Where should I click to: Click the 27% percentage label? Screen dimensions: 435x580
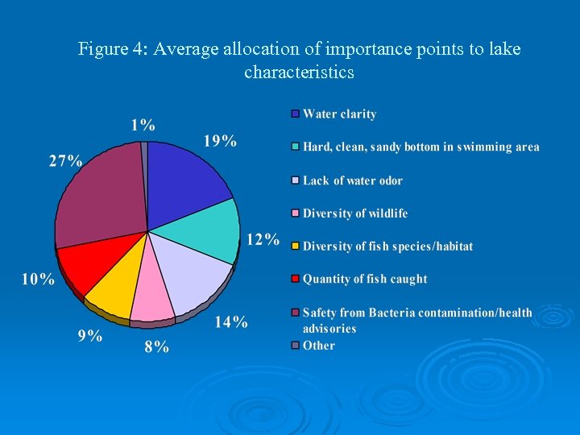[66, 160]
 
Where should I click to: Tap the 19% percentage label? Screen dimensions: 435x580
[220, 142]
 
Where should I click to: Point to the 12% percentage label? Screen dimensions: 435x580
[263, 239]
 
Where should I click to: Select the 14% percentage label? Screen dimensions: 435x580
[231, 322]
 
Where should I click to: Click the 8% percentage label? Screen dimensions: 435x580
[157, 347]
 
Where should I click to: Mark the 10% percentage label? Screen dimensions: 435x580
[38, 280]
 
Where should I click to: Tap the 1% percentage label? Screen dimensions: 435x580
[143, 125]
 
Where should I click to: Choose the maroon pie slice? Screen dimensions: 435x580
[101, 193]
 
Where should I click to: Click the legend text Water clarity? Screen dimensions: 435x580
[339, 114]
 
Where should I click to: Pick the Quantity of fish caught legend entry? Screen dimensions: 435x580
[365, 279]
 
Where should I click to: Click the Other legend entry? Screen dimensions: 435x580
[319, 346]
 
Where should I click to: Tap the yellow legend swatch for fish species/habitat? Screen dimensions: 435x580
[296, 246]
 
